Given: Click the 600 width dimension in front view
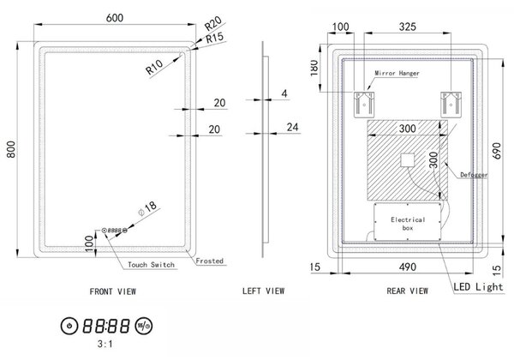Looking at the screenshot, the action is (115, 18).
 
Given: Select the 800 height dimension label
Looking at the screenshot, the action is (11, 149).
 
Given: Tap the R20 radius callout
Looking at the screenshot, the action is (213, 23).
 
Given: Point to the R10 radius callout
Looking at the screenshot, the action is (154, 67).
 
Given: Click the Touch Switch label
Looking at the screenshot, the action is (151, 265).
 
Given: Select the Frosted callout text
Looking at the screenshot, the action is (210, 261).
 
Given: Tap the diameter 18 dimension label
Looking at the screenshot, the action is (147, 209).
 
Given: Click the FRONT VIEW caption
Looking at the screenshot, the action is (113, 291).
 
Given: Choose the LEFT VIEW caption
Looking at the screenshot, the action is (264, 291).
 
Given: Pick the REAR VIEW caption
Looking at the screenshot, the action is (408, 291).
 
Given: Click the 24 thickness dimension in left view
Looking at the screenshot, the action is (293, 127).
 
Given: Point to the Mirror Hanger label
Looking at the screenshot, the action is (397, 73).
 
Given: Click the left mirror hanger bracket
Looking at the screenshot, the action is (364, 105).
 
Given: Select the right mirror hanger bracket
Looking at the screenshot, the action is (451, 105).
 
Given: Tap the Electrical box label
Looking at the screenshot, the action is (408, 223).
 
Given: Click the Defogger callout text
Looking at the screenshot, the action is (474, 175).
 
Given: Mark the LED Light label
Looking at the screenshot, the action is (478, 287).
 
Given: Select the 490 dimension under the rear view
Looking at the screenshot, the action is (408, 267).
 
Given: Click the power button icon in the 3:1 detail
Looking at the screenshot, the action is (69, 326).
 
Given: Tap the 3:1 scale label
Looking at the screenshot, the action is (105, 344).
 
